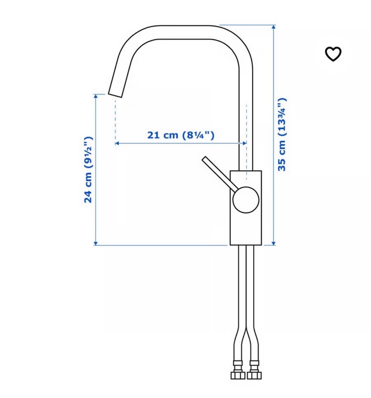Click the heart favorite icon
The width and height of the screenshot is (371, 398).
pos(333,54)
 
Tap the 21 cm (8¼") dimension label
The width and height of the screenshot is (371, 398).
pos(181,135)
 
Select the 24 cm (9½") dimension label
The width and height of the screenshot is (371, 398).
pos(88,170)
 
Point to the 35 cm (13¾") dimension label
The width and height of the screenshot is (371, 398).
pos(282,135)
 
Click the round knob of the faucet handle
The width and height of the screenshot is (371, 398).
pos(246,200)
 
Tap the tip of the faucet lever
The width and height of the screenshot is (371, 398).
pos(204,159)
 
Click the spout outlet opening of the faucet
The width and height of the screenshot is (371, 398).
pos(115,95)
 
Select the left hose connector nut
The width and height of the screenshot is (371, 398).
pos(238,375)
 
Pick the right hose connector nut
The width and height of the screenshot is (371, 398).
pos(254,375)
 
